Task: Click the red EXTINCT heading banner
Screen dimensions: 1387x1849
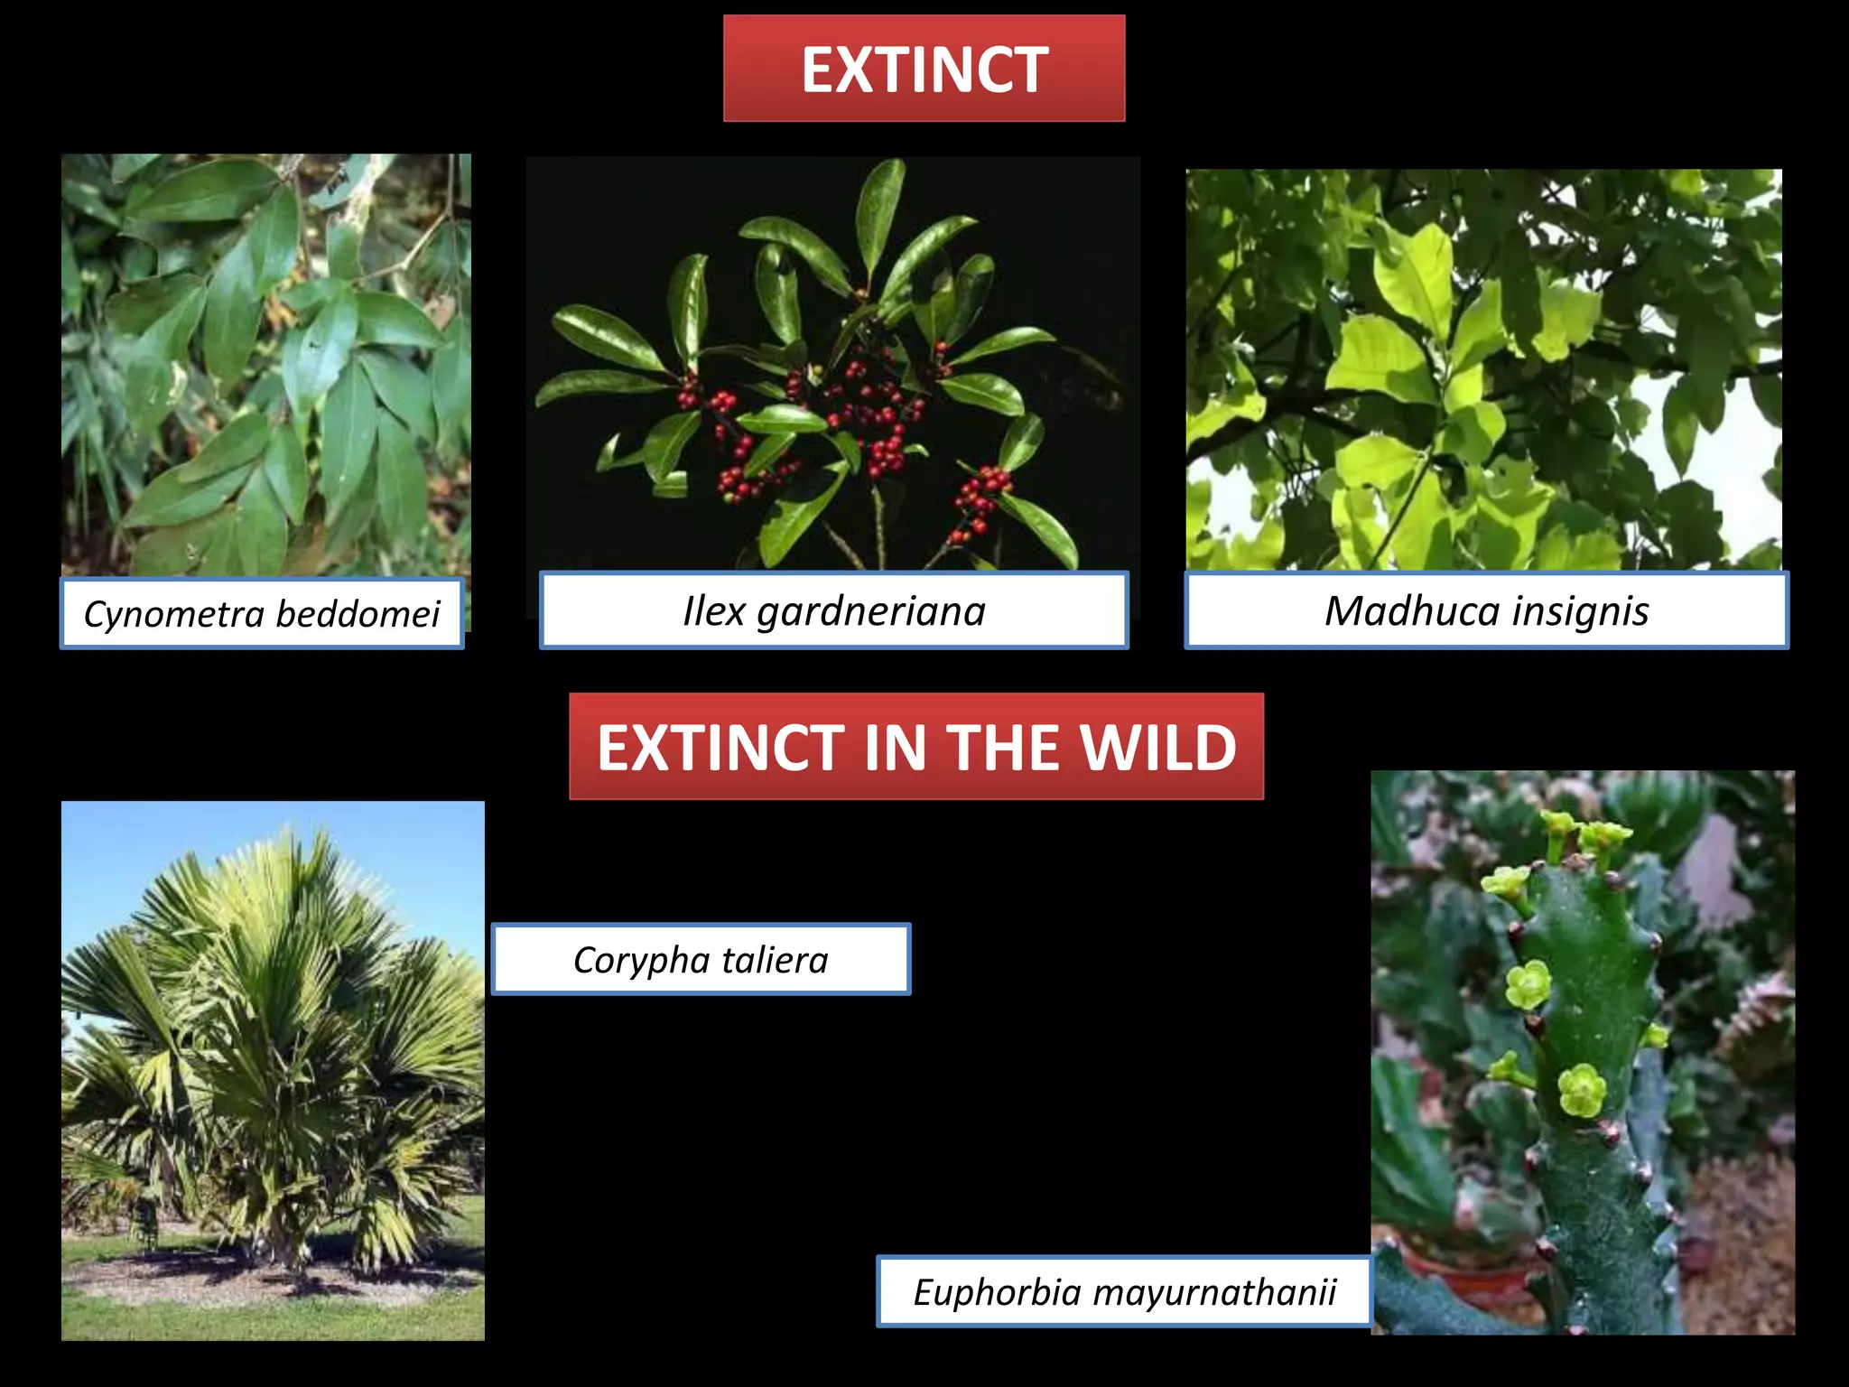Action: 924,69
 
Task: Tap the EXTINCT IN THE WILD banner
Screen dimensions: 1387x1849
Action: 915,747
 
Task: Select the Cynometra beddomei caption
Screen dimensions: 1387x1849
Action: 262,614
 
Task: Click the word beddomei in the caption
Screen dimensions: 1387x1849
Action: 358,614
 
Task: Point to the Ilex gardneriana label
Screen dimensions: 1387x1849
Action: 833,610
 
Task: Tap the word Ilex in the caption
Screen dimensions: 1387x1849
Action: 713,610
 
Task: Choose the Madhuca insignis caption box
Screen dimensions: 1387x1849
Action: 1486,610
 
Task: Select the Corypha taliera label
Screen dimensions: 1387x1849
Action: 701,959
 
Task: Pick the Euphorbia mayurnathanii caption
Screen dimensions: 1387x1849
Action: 1124,1291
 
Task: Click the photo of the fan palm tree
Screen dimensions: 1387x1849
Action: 273,1070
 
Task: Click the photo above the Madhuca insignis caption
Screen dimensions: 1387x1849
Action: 1483,368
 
